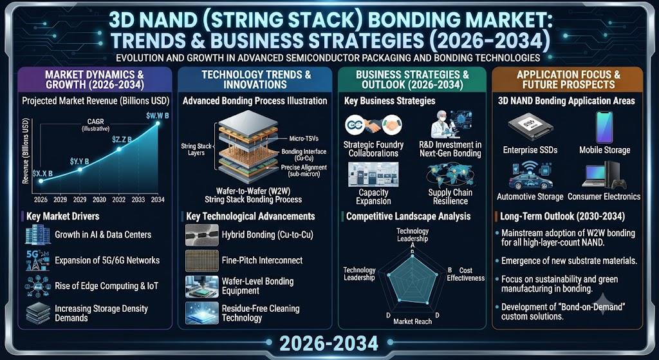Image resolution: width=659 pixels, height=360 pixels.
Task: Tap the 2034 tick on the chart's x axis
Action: [x=157, y=200]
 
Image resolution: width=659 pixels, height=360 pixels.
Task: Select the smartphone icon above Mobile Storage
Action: [x=604, y=127]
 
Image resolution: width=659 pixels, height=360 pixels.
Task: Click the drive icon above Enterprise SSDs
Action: [x=530, y=126]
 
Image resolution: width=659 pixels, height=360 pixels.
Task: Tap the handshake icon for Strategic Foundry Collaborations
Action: [x=373, y=125]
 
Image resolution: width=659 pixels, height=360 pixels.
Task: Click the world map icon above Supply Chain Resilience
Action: [x=450, y=175]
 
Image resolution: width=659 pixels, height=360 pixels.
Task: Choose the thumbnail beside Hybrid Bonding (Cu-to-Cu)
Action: [x=201, y=234]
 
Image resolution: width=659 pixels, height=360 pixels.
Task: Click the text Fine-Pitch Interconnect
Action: [x=263, y=260]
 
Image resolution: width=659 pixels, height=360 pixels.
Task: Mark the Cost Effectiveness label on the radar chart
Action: [x=465, y=274]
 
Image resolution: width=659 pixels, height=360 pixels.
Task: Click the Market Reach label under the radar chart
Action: [x=413, y=322]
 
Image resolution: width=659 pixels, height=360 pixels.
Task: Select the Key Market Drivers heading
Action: [x=62, y=216]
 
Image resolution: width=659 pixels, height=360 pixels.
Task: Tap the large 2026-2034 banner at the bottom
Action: [x=329, y=344]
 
